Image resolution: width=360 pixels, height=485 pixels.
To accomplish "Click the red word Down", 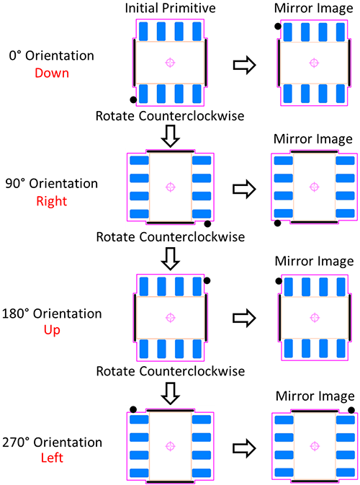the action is coord(52,73).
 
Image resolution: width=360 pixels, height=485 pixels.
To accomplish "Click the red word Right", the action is coord(52,201).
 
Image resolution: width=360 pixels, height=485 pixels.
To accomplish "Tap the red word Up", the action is coord(52,330).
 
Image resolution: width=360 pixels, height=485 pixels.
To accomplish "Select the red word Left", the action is coord(52,458).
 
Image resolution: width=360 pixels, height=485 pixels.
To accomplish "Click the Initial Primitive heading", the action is coord(170,8).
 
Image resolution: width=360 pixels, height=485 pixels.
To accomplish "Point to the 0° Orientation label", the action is coord(52,55).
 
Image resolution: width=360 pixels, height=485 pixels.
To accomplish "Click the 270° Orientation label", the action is coord(53,442).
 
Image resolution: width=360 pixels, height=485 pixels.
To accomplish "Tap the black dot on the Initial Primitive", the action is coord(133,99).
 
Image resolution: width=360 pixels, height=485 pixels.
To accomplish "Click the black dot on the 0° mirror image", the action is coord(278,26).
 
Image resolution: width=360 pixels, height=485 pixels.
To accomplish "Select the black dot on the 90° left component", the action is coord(207,223).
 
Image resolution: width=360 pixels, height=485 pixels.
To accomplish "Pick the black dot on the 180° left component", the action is coord(207,280).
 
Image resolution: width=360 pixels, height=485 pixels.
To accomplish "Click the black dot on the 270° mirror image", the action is coord(351,410).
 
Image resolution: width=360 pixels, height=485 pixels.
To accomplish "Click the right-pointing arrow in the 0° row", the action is coord(244,65).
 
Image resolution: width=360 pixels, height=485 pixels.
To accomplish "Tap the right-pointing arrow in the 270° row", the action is coord(244,448).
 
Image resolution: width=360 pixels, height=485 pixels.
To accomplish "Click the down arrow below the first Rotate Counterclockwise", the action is coord(170,135).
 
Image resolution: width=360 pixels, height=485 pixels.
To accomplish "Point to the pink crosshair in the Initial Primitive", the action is coord(170,63).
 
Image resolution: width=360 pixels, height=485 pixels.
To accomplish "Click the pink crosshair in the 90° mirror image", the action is coord(314,187).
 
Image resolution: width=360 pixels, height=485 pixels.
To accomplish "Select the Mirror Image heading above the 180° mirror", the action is coord(314,261).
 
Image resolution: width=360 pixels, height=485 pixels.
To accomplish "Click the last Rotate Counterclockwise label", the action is coord(171,371).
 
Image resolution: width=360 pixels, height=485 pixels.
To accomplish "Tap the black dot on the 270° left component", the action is coord(133,409).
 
